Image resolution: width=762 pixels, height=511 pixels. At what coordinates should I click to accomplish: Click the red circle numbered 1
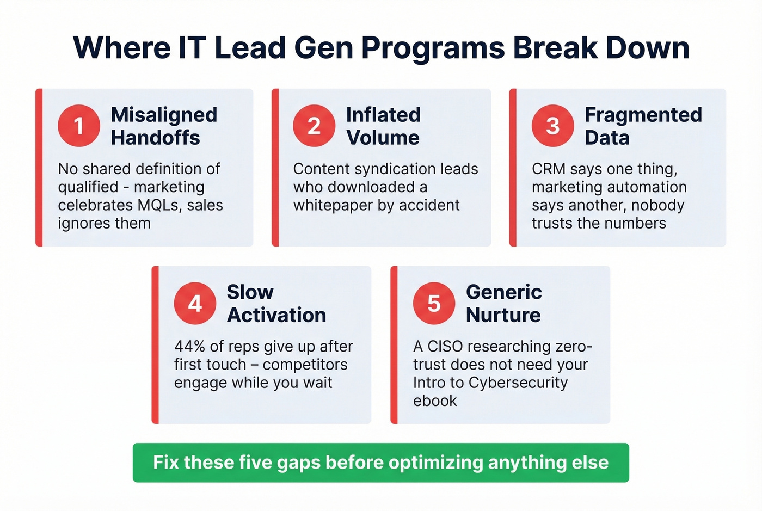79,126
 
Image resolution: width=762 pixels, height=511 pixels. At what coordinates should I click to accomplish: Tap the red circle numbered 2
314,126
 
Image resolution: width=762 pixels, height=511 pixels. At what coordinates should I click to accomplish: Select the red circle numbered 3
552,126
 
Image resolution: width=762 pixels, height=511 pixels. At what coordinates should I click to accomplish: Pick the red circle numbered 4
195,303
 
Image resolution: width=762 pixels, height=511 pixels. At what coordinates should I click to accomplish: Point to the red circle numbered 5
434,303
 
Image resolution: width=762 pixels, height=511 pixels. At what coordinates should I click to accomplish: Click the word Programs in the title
433,48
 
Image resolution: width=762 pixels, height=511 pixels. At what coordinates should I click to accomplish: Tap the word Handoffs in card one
155,138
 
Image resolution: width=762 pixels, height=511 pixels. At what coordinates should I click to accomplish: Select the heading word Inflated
383,115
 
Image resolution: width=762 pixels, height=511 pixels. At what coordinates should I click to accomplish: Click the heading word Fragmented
643,115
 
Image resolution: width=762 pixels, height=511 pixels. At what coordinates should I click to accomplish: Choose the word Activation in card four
276,315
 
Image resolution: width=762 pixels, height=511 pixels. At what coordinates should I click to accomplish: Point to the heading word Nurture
503,315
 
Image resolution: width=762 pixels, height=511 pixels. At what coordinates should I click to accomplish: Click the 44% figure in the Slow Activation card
189,347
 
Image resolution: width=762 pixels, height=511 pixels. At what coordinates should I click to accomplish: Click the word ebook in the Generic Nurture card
435,401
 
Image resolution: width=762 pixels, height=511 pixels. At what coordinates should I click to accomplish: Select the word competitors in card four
305,365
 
